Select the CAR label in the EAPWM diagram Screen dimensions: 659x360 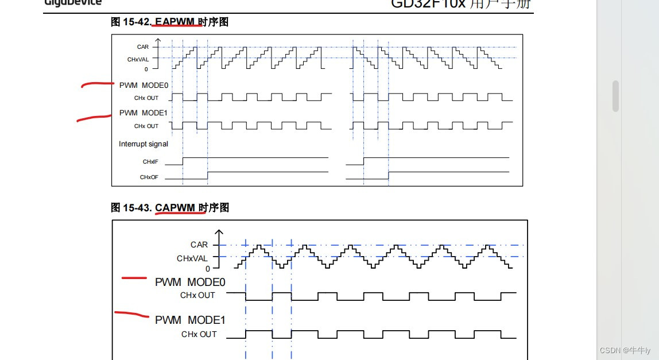[x=142, y=47]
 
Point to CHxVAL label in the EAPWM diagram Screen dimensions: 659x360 [x=138, y=59]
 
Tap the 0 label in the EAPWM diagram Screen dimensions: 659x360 [x=146, y=69]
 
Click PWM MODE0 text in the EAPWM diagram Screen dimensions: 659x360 [x=144, y=86]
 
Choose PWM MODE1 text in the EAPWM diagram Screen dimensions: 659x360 [x=144, y=113]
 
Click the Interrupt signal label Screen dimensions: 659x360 [x=144, y=144]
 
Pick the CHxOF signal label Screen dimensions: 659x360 [x=149, y=177]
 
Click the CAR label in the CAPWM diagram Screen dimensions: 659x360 [x=199, y=245]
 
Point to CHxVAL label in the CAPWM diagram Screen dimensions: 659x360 [x=192, y=258]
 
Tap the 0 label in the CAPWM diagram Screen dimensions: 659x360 [x=208, y=268]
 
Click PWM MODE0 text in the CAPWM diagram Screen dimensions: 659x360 [x=190, y=282]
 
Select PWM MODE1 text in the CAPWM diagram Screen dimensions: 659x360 [x=190, y=320]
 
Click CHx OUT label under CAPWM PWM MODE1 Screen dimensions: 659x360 [x=199, y=334]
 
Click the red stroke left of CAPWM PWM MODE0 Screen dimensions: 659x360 [x=134, y=278]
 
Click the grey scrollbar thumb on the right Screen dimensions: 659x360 [x=615, y=96]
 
